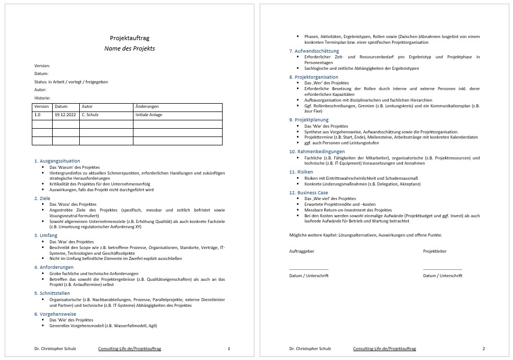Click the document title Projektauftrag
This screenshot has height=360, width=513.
point(129,38)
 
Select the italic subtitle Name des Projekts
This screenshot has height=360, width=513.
point(129,48)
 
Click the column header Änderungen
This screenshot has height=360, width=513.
point(147,106)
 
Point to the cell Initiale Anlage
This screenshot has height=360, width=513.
point(149,115)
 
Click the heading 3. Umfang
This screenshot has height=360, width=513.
point(45,235)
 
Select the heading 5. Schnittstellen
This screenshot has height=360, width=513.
point(52,293)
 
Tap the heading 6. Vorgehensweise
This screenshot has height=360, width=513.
point(55,314)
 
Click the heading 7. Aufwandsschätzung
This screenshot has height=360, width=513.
point(314,51)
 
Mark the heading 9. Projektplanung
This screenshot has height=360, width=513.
point(309,120)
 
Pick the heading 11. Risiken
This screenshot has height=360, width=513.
point(301,171)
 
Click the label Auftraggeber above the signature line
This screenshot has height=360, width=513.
point(302,251)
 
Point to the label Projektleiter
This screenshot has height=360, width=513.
point(435,251)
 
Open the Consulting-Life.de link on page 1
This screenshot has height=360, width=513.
point(129,348)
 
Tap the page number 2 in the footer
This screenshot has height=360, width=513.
point(483,348)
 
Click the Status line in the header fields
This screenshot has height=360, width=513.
point(71,82)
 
